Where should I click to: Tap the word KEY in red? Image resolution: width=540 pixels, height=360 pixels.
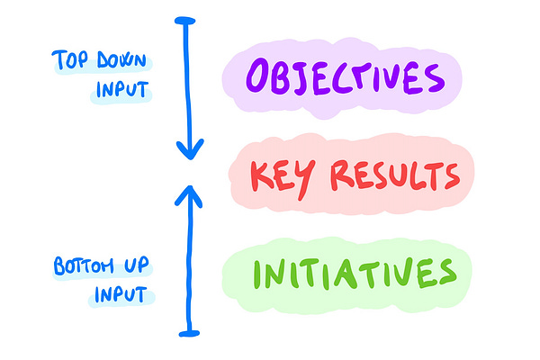pos(275,175)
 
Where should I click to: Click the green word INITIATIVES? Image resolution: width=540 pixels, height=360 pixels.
pos(352,271)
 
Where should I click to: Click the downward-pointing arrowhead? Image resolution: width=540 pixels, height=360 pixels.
pos(189,147)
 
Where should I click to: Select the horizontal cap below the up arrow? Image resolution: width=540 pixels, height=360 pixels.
pos(189,332)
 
